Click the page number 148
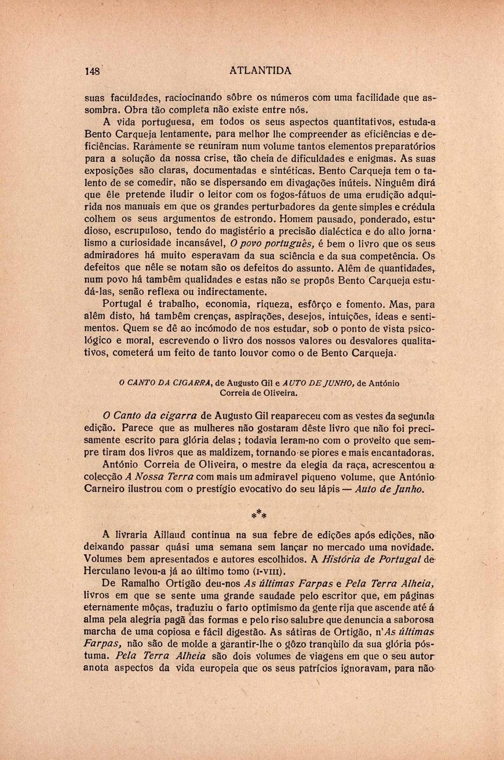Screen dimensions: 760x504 click(x=92, y=71)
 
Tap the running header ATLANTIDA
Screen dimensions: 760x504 click(x=260, y=71)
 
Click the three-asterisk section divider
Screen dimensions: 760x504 click(x=259, y=514)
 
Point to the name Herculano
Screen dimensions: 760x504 click(x=107, y=571)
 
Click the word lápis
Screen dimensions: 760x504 click(x=329, y=489)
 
